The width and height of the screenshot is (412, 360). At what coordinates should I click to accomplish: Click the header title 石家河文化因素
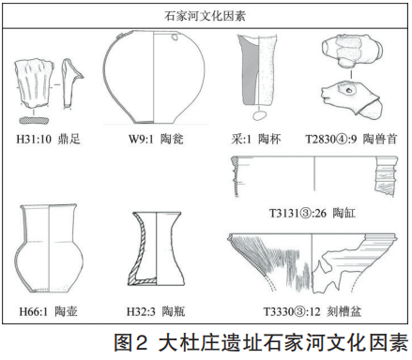coord(205,16)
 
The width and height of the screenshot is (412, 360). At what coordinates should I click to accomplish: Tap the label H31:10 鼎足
coord(49,139)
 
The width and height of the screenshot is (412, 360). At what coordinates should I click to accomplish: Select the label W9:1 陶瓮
coord(156,139)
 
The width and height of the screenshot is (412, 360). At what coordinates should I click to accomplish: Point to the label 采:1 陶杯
coord(256,139)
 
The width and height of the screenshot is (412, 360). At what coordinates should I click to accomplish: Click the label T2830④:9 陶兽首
coord(352,139)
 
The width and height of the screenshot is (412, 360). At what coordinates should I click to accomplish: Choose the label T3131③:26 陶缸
coord(313,213)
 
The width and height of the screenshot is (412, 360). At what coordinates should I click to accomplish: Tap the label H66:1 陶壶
coord(48,311)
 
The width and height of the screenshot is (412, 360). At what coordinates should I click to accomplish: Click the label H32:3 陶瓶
coord(156,311)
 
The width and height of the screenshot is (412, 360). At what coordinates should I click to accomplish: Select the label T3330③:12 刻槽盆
coord(313,311)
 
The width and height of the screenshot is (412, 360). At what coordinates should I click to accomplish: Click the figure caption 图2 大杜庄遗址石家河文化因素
coord(261,342)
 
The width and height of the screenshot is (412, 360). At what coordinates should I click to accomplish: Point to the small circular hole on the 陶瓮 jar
coord(175,37)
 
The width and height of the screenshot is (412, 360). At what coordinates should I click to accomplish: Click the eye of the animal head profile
coord(348,91)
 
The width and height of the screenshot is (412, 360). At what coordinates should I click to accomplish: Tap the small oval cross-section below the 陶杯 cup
coord(258,116)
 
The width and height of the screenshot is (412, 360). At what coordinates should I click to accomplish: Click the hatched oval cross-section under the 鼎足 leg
coord(34,120)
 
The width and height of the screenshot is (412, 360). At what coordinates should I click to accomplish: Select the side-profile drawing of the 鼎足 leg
coord(72,82)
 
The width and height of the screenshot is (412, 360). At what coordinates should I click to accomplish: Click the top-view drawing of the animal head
coord(353,51)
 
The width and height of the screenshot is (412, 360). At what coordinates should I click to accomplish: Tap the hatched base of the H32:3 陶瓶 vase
coord(143,281)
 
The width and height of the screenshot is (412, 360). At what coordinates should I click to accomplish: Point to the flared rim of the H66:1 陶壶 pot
coord(49,207)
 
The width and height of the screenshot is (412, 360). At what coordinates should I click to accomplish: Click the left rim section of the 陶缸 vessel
coord(236,176)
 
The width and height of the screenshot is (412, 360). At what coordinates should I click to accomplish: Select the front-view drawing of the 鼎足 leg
coord(34,82)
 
